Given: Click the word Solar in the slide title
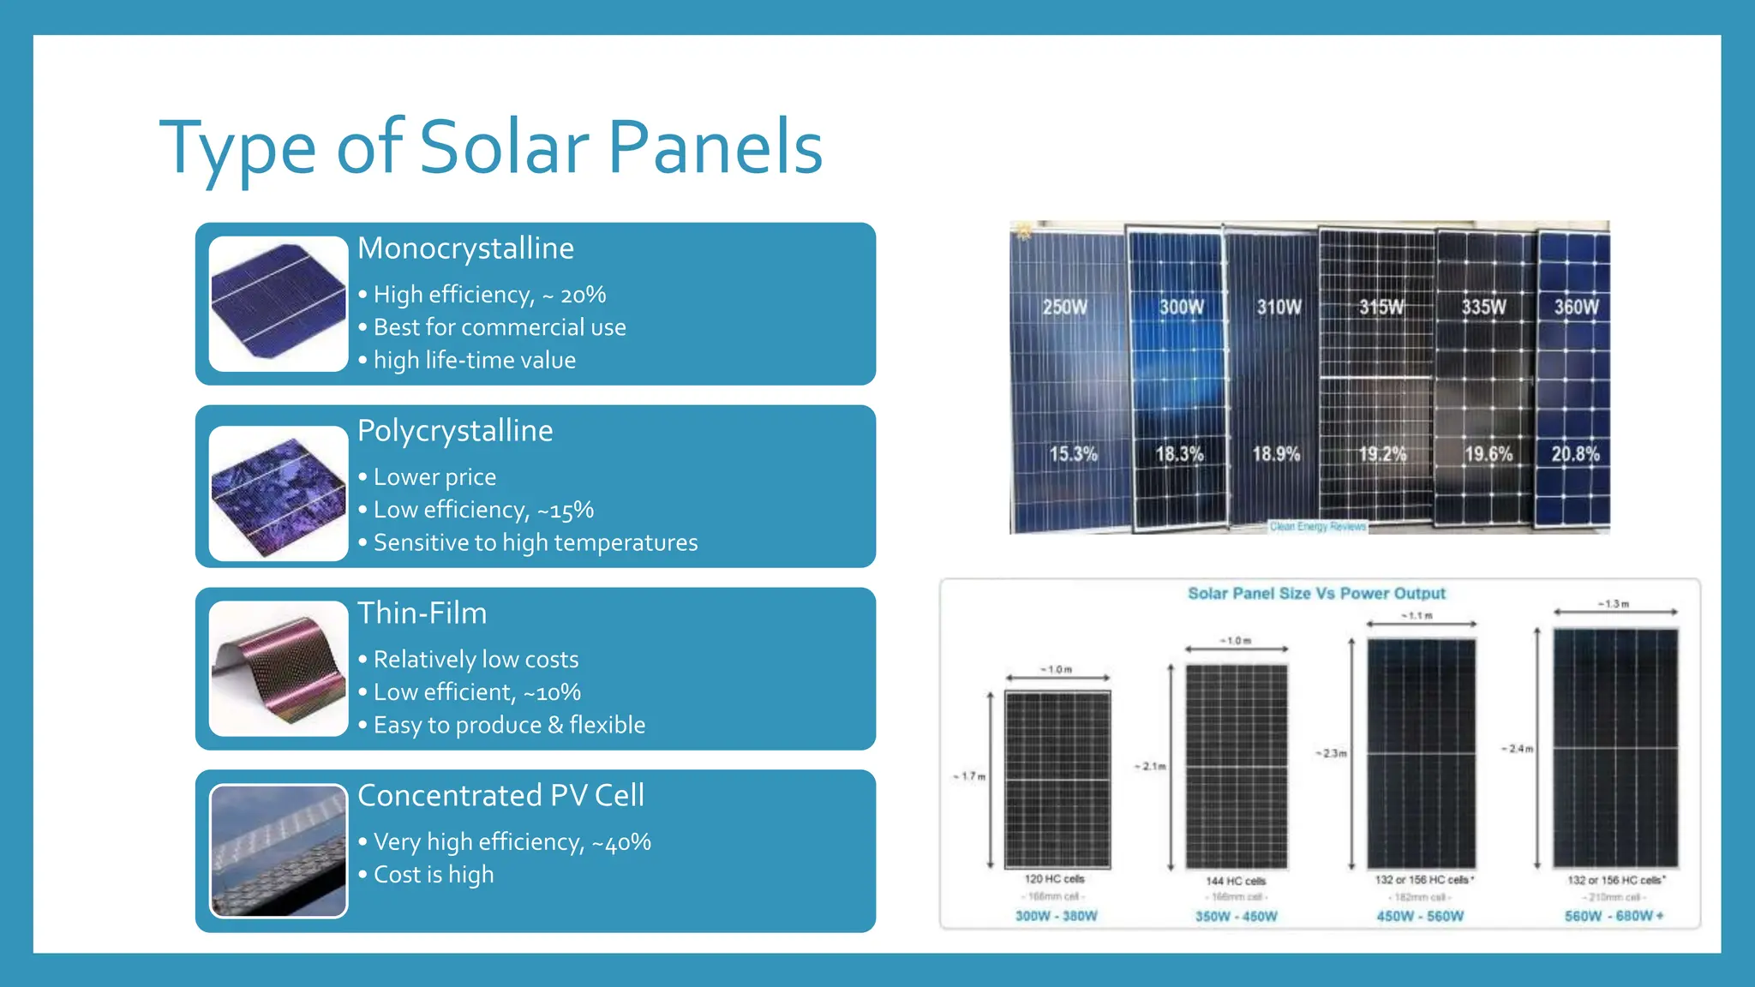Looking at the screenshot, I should (x=505, y=147).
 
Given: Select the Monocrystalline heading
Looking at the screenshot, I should (x=465, y=248).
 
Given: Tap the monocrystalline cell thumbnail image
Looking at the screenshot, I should (x=279, y=304).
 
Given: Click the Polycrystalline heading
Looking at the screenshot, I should (x=455, y=431).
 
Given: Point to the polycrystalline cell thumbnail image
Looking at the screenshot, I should (x=279, y=493).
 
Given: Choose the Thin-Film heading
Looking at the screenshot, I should (x=422, y=613).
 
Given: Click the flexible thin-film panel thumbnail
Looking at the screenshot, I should (x=279, y=669).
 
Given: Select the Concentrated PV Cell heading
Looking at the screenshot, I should (x=500, y=796).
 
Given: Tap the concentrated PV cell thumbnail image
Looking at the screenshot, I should (x=279, y=851).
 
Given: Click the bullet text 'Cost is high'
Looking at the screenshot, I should (x=434, y=875).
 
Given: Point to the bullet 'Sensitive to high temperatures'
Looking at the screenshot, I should (x=536, y=543).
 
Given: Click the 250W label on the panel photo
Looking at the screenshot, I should (x=1064, y=307).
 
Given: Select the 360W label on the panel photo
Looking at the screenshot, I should (x=1576, y=307).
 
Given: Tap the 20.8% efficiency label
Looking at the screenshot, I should (x=1575, y=454).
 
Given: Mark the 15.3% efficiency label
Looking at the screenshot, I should (x=1073, y=454).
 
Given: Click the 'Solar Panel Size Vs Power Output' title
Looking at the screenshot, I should (x=1316, y=594).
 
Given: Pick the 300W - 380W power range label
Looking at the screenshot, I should (x=1056, y=916).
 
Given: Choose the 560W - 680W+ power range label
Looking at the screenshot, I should (x=1614, y=916).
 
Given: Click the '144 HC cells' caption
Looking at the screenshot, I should (x=1236, y=881).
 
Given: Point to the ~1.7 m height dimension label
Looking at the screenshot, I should (x=970, y=776).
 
